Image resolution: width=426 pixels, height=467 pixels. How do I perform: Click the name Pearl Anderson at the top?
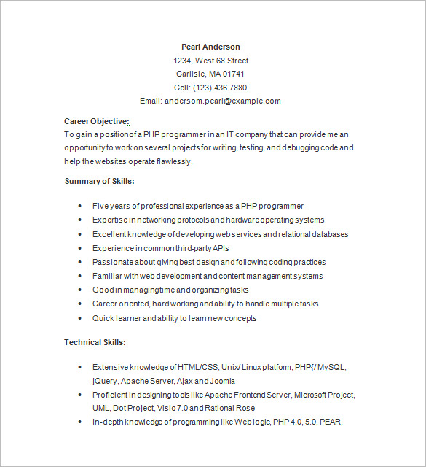(x=210, y=47)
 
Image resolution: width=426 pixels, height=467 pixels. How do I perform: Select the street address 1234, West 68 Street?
(x=210, y=61)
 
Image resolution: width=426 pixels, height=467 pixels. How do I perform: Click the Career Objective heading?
(x=95, y=121)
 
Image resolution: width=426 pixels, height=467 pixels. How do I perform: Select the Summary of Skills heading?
(x=99, y=181)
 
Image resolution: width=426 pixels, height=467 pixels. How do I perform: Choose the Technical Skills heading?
(x=95, y=341)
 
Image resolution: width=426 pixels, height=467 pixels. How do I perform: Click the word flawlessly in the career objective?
(x=173, y=161)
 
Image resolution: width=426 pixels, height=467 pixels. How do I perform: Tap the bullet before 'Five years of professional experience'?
(x=79, y=206)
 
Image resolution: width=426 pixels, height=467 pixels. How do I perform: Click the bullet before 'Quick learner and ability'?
(x=79, y=318)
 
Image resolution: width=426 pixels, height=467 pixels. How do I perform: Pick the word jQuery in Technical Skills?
(x=105, y=381)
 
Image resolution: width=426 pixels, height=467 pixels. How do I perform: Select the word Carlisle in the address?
(x=191, y=74)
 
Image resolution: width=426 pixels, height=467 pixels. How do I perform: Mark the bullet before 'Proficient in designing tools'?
(x=79, y=394)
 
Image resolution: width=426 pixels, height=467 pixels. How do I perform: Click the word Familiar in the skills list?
(x=108, y=276)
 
